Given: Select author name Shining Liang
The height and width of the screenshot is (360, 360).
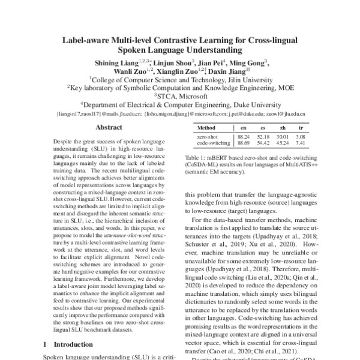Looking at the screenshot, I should (113, 63).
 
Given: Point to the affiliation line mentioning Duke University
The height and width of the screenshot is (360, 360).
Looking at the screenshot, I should (179, 103).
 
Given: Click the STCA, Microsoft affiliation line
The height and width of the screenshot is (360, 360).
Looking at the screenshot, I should (180, 94).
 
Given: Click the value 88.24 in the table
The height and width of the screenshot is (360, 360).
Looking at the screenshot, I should (245, 138).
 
